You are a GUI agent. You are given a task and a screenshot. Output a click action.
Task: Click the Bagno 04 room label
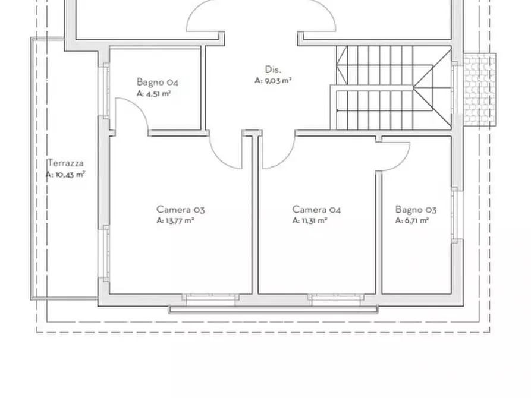point(158,82)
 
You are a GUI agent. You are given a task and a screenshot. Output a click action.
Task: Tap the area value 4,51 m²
point(153,94)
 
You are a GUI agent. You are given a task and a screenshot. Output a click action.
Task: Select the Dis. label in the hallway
point(273,70)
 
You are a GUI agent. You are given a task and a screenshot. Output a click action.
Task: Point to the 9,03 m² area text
point(274,81)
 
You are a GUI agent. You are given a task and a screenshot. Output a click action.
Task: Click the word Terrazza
point(65,163)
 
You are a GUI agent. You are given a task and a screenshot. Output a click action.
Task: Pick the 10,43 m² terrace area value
point(65,175)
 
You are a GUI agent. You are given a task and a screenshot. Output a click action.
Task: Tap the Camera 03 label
point(181,210)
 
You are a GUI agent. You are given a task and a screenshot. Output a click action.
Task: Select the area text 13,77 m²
point(175,220)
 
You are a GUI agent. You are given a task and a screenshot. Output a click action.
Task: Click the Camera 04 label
point(316,210)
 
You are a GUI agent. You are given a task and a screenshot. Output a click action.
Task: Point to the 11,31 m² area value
point(310,220)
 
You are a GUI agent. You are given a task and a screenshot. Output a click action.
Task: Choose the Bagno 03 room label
point(416,210)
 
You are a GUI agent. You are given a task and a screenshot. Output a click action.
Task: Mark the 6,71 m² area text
point(412,220)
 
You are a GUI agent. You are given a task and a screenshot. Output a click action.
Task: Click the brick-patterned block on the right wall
point(479,90)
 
